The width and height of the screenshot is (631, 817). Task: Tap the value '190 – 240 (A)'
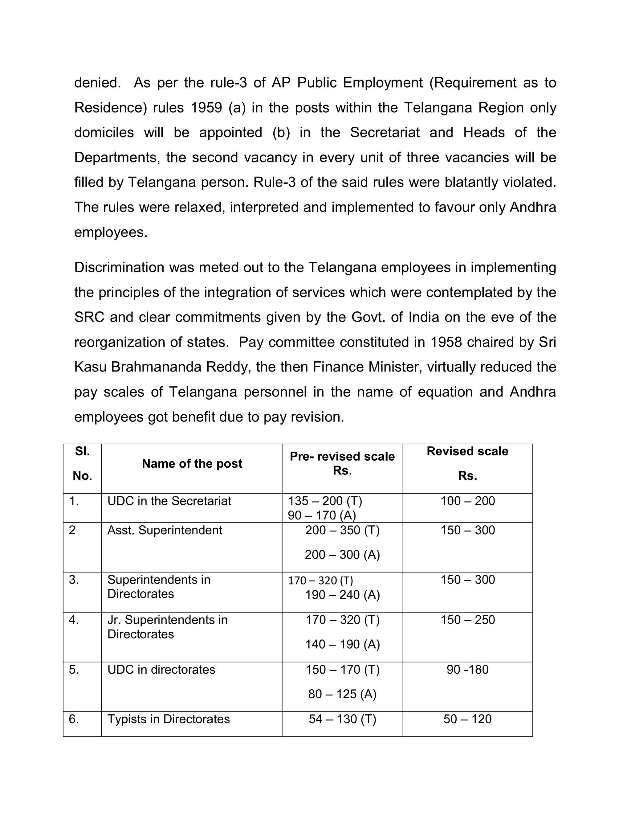342,594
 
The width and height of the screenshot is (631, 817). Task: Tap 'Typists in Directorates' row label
168,719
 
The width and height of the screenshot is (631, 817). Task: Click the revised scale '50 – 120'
467,719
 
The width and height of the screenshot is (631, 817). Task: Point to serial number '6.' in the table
74,719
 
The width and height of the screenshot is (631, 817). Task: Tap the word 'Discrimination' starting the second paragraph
119,268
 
